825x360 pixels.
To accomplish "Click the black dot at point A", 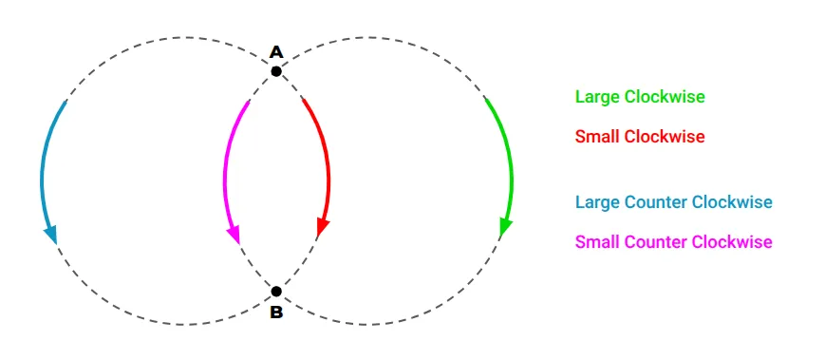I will tap(276, 71).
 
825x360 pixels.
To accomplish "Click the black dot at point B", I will tap(276, 292).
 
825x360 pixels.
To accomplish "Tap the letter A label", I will tap(276, 51).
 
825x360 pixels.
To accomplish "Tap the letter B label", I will tap(276, 312).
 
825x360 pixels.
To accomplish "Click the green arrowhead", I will tap(505, 228).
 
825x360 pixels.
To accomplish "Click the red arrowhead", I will tap(322, 228).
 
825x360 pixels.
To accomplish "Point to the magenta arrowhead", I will tap(232, 231).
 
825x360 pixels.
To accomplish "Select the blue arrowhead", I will tap(50, 231).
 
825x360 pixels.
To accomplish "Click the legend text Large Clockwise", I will tap(640, 97).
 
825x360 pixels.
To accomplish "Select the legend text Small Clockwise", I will tap(640, 137).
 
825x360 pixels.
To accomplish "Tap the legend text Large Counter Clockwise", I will tap(673, 202).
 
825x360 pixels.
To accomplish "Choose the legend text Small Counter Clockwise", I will tap(673, 242).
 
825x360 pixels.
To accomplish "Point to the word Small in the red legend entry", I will tap(596, 137).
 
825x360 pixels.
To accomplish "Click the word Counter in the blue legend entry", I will tap(657, 202).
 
